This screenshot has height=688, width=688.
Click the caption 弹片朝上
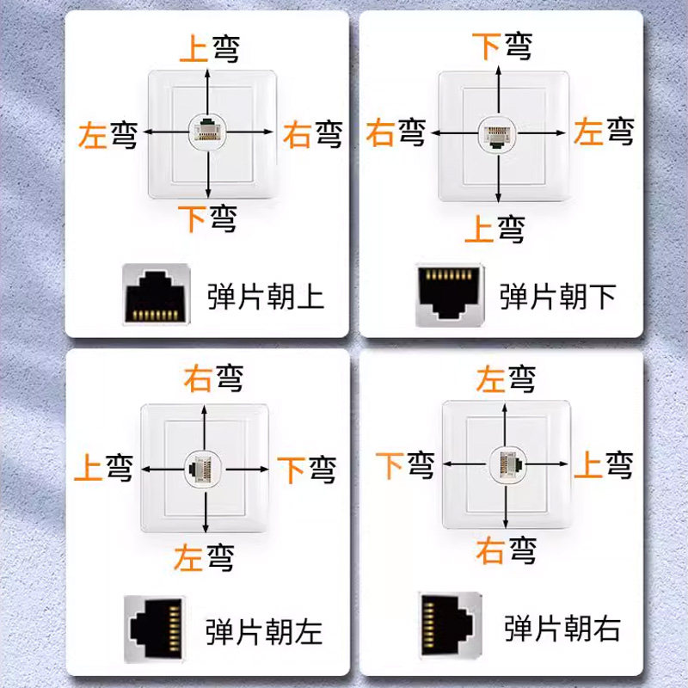[x=266, y=297]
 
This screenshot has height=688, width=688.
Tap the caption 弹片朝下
[x=558, y=297]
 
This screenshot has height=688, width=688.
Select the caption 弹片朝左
[x=264, y=632]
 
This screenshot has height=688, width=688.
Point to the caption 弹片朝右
[x=562, y=628]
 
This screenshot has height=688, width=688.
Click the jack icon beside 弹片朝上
[x=156, y=294]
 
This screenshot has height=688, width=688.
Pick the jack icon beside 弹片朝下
[x=450, y=294]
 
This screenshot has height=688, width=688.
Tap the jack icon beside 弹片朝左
[x=156, y=630]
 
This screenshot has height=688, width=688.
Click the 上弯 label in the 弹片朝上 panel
[x=207, y=48]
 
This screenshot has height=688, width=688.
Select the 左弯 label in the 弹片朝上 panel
[x=107, y=134]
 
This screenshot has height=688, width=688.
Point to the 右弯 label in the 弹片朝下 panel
[x=396, y=132]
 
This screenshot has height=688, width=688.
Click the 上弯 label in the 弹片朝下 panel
[x=494, y=229]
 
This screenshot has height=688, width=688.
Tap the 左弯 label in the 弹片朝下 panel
[x=604, y=132]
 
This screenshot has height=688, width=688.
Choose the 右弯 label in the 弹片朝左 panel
[x=212, y=378]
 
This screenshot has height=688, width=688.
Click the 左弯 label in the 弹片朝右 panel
[x=506, y=378]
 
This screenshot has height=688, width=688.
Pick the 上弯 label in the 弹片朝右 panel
[x=603, y=465]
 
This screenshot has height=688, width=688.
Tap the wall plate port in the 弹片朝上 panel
[x=206, y=131]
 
